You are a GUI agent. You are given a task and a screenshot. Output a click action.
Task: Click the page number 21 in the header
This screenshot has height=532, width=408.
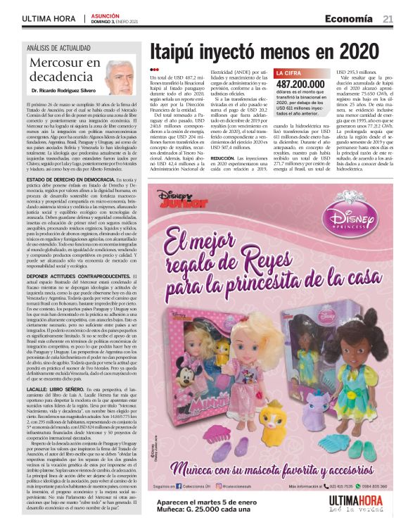(388, 17)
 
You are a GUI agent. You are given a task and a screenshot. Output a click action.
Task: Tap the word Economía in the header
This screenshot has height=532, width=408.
(348, 17)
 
